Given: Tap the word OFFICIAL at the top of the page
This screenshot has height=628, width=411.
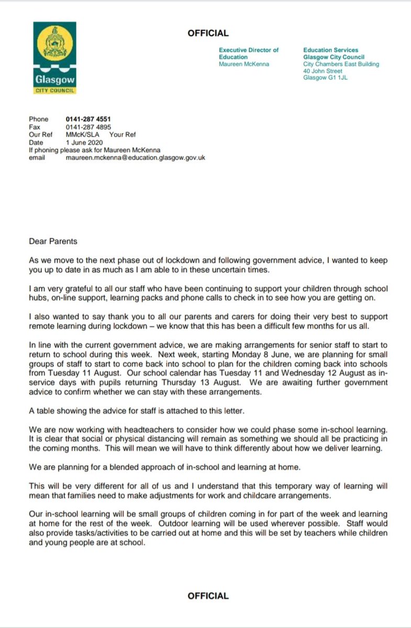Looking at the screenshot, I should pyautogui.click(x=208, y=33).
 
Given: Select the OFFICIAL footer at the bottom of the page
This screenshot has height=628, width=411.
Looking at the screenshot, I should pyautogui.click(x=208, y=596).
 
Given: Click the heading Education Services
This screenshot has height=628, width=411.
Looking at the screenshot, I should pyautogui.click(x=330, y=50).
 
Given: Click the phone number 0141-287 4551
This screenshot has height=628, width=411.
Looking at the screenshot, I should pyautogui.click(x=88, y=119).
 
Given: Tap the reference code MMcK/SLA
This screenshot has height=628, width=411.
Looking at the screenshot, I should pyautogui.click(x=80, y=134).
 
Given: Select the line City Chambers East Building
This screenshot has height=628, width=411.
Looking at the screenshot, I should pyautogui.click(x=341, y=64).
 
